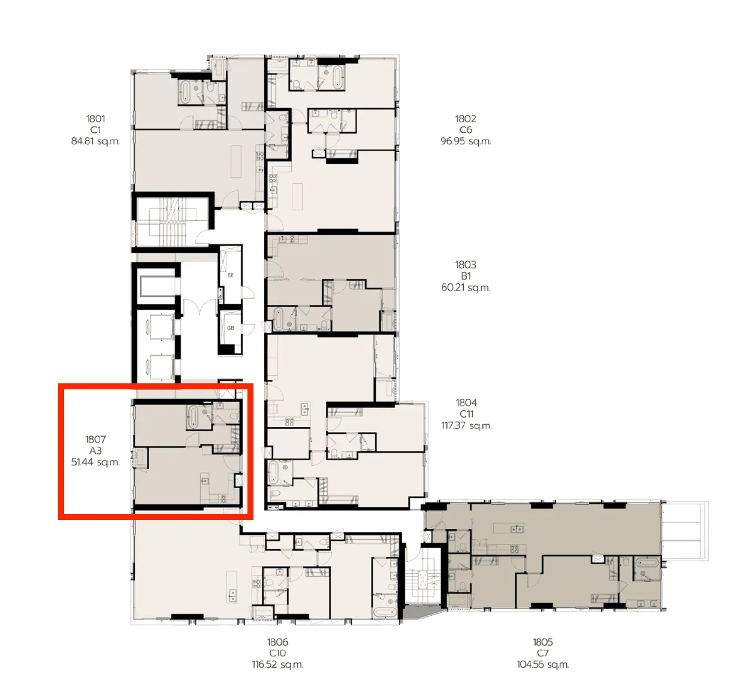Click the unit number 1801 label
(x=95, y=119)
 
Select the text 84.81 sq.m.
(x=95, y=141)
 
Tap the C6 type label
(x=466, y=130)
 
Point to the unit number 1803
(x=466, y=265)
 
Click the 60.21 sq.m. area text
(x=466, y=288)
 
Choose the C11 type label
(x=466, y=414)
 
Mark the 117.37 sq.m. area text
(x=466, y=425)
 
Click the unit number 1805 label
(x=543, y=642)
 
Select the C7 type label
(x=543, y=653)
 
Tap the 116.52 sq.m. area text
(x=277, y=664)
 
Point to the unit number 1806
(x=277, y=642)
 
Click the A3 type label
(x=95, y=450)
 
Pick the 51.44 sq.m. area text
(x=95, y=462)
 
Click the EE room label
(x=230, y=276)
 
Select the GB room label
(x=230, y=328)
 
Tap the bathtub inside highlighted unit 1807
(x=193, y=417)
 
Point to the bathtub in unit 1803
(x=278, y=319)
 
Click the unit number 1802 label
(x=466, y=119)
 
